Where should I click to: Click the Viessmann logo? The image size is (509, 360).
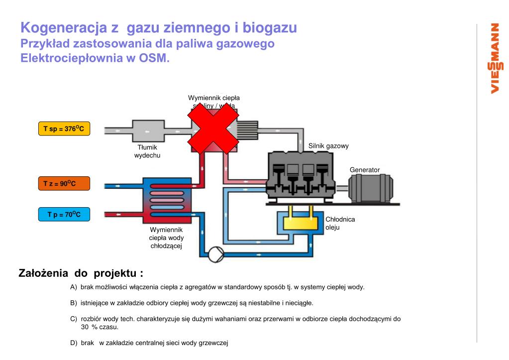point(495,58)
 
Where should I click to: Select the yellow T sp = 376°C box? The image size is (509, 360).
point(64,129)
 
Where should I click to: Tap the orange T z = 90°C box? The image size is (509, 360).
point(64,184)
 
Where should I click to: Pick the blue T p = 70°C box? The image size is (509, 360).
point(64,215)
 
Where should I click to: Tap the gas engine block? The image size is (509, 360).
point(300,176)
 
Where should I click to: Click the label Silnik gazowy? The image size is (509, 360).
point(328,146)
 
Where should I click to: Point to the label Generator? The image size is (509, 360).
point(365,170)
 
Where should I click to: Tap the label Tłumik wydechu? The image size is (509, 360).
point(147,151)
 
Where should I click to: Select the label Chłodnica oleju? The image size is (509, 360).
point(340,223)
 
